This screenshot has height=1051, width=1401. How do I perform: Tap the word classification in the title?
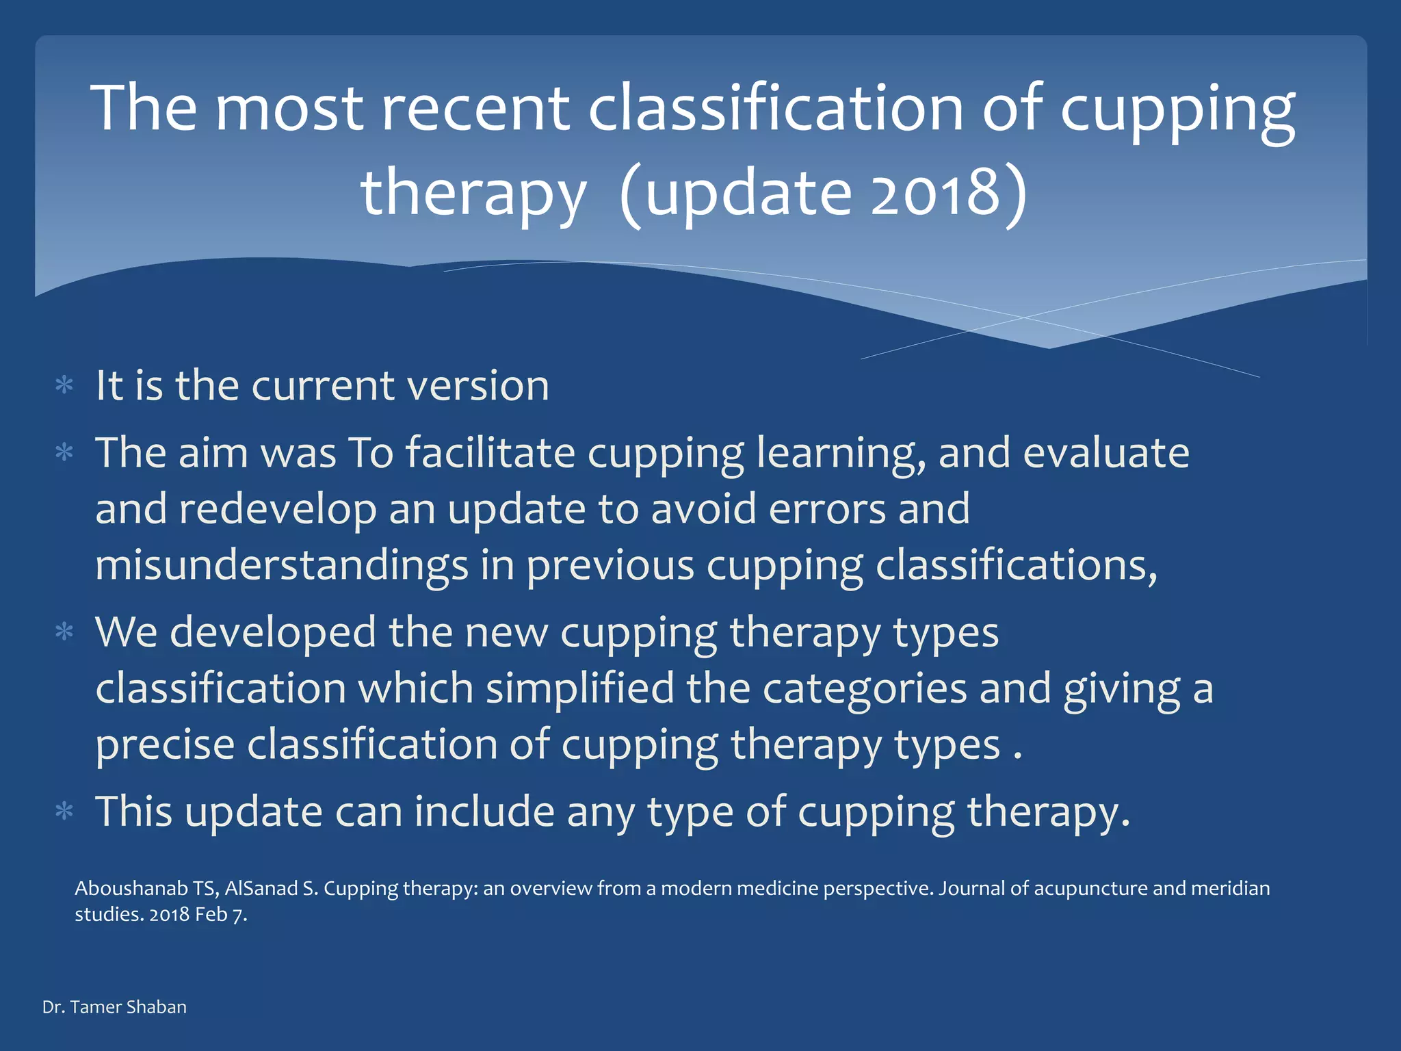click(776, 108)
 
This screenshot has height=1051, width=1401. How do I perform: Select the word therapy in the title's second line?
click(473, 193)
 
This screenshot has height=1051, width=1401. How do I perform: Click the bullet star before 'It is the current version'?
click(64, 386)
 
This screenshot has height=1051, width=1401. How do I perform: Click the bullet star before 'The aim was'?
click(64, 453)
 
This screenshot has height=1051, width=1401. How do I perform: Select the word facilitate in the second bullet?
click(490, 453)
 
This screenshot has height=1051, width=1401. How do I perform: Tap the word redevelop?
click(278, 510)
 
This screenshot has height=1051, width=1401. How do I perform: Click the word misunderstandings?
click(281, 566)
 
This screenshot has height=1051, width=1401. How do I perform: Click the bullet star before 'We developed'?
click(64, 632)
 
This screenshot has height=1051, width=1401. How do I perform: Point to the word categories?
click(864, 688)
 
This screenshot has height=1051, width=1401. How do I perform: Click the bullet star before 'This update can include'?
click(64, 812)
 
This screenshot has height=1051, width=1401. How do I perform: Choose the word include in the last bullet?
click(484, 812)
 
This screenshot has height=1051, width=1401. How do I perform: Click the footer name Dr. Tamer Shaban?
click(114, 1007)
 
